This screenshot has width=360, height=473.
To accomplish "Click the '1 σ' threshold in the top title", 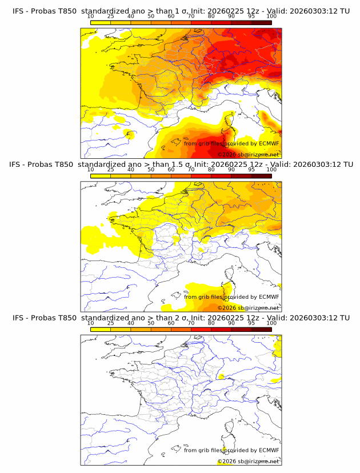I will [x=181, y=11].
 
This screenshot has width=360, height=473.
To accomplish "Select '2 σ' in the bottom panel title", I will [x=181, y=318].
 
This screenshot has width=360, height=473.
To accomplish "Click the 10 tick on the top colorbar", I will [x=90, y=17].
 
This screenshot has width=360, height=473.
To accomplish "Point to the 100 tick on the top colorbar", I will [x=271, y=17].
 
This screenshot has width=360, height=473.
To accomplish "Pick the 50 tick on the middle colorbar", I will [x=151, y=170].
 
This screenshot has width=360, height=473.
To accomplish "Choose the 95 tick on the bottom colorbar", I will [x=251, y=323].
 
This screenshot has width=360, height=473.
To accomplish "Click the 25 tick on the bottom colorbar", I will [x=110, y=323].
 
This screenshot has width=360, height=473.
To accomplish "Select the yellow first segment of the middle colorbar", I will [x=100, y=176].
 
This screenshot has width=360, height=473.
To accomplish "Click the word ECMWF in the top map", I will [x=269, y=143].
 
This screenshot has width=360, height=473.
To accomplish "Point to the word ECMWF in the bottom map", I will [x=269, y=450].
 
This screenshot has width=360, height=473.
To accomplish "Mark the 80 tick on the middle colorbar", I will [x=211, y=170].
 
